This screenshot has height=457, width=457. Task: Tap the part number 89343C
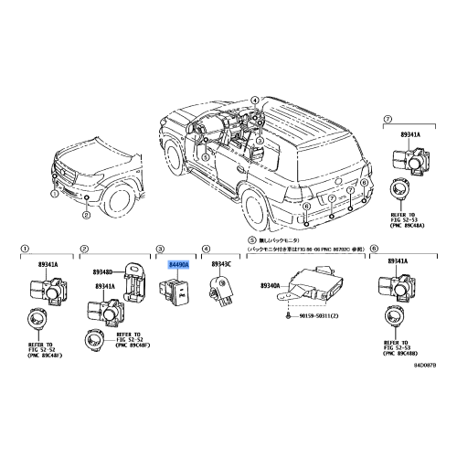[x=223, y=263]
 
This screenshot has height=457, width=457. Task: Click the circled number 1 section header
[x=26, y=248]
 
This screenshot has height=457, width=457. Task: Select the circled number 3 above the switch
[x=160, y=248]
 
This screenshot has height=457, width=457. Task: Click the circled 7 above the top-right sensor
[x=388, y=120]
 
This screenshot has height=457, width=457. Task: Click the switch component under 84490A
[x=175, y=294]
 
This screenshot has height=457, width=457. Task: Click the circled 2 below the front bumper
[x=84, y=216]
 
